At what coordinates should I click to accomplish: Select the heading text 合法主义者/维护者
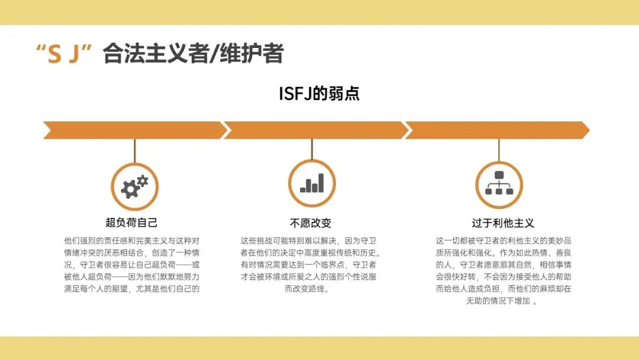(193, 54)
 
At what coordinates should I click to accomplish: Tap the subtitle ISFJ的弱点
(319, 94)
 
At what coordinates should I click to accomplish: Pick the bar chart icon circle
(312, 183)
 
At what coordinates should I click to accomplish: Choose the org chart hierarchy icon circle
(499, 183)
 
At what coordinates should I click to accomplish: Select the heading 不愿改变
(311, 223)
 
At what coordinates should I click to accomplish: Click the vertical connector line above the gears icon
(134, 150)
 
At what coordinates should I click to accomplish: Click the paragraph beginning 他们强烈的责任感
(131, 265)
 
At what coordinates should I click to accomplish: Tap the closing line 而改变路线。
(311, 290)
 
